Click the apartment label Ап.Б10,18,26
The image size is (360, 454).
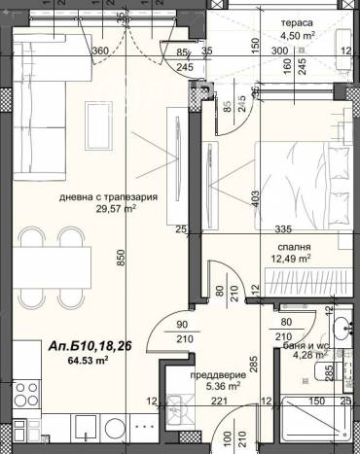[x=90, y=346]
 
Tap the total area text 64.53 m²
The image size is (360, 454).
[x=88, y=360]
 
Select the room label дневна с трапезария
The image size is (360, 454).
[x=108, y=197]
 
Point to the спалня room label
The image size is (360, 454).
[x=294, y=247]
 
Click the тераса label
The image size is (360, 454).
[x=297, y=23]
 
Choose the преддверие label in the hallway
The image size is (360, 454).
[x=218, y=375]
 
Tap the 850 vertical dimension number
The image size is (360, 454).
[x=121, y=258]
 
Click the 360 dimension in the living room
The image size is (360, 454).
[x=100, y=51]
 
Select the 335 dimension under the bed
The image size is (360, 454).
[x=283, y=229]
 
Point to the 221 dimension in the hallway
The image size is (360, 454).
[x=220, y=402]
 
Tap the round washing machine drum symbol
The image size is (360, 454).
[x=114, y=428]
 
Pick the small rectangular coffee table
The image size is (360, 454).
[x=98, y=125]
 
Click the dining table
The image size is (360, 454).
[x=53, y=267]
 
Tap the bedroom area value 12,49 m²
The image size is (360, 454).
[x=291, y=259]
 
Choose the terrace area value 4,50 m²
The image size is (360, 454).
[x=299, y=35]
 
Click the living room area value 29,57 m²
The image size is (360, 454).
[x=116, y=209]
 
